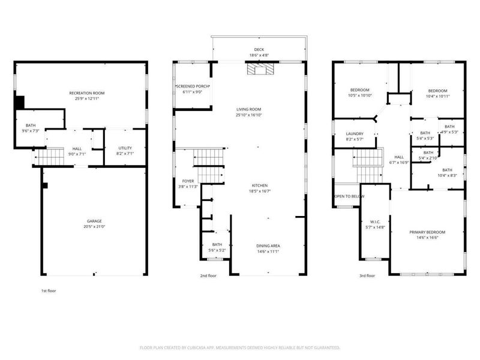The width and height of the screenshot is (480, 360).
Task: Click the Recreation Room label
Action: (87, 93)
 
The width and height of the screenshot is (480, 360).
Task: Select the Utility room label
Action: (125, 148)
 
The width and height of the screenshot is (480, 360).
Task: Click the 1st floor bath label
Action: (30, 125)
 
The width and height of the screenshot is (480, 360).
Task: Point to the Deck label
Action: (259, 50)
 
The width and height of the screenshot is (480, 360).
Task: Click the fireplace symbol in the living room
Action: (259, 70)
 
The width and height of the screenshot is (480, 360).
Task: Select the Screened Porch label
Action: (192, 86)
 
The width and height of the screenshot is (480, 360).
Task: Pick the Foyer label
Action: (188, 181)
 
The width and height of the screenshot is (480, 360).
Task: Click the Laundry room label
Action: (355, 134)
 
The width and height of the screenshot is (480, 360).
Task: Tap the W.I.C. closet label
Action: (375, 222)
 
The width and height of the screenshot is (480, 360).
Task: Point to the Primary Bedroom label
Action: (427, 232)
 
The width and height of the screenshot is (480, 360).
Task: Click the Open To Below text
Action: (349, 196)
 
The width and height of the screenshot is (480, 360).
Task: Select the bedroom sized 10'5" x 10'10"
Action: (360, 90)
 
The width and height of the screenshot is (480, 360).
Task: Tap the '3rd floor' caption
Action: (366, 276)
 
